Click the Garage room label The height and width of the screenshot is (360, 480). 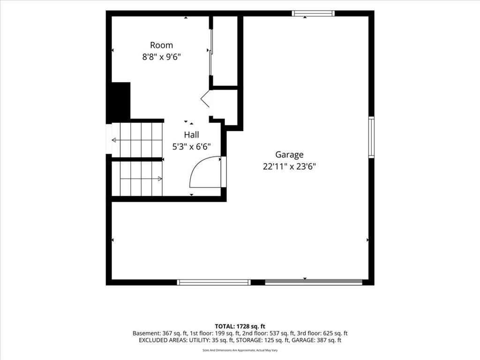(289, 155)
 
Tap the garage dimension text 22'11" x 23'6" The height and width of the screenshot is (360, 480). (289, 166)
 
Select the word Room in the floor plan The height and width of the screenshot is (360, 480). (161, 45)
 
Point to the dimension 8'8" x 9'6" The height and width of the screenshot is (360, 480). (161, 57)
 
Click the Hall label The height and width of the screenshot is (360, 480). (191, 135)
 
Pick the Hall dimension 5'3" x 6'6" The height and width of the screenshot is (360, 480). (191, 147)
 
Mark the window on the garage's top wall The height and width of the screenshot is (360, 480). (313, 13)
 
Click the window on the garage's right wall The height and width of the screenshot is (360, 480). (371, 137)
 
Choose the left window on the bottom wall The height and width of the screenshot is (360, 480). (214, 282)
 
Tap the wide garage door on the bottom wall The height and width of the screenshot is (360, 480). (314, 282)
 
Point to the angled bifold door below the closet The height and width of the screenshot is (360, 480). (205, 98)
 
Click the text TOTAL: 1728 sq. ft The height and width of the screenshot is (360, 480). (240, 326)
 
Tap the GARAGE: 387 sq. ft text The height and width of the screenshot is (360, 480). (316, 340)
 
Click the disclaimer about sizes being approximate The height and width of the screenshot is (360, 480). (240, 350)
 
